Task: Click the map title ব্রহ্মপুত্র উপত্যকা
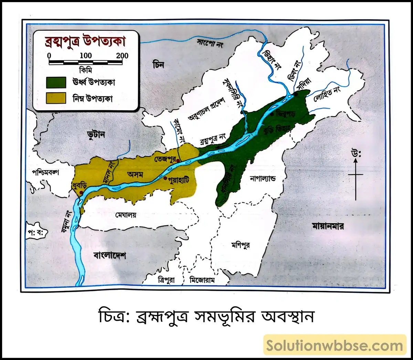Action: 85,41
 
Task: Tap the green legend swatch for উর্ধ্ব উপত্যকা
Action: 56,82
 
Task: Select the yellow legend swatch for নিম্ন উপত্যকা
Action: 56,98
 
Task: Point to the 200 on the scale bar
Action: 122,56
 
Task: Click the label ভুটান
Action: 96,134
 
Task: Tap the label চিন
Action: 159,65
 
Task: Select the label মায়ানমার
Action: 328,226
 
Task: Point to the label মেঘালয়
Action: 126,215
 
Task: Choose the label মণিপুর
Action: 241,246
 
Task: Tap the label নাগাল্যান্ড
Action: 263,179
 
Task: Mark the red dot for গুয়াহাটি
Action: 165,178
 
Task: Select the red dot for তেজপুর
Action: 178,161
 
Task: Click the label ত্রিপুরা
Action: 166,280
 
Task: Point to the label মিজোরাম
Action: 203,280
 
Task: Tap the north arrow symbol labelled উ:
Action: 356,175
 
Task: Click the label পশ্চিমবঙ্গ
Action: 45,172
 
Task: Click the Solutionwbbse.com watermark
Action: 335,345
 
